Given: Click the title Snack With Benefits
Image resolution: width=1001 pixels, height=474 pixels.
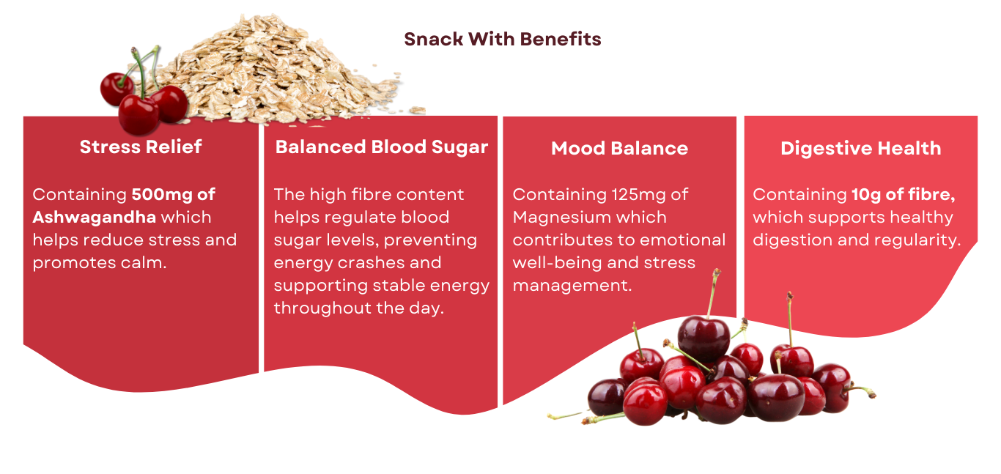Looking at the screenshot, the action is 503,40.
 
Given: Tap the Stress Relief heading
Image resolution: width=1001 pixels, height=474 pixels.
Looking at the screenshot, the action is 141,147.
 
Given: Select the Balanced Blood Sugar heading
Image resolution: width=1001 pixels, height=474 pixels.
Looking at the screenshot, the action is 382,148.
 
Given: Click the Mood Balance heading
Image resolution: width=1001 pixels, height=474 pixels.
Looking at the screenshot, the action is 619,148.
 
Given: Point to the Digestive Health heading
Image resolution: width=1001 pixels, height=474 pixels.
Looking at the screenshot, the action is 861,149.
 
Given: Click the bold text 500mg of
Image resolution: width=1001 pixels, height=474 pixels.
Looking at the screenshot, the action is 174,194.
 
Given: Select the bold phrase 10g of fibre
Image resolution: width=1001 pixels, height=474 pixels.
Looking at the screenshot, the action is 903,195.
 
